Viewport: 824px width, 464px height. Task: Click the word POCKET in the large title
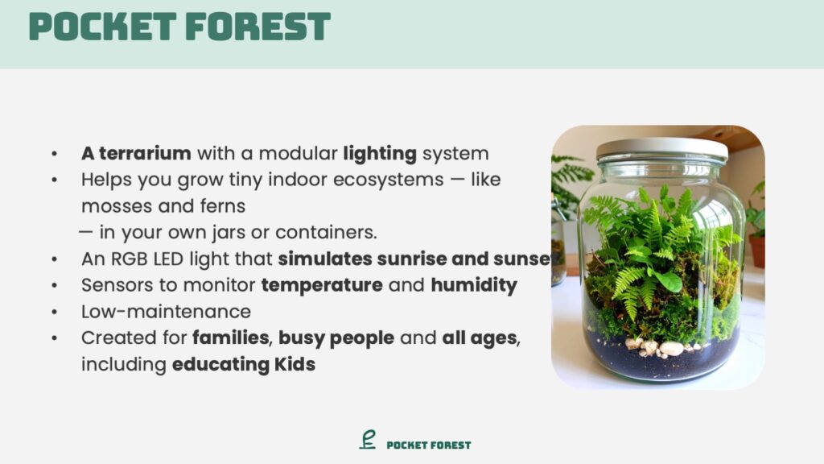point(102,27)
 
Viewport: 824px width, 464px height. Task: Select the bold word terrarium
point(145,154)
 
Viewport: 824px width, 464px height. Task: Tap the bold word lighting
point(380,154)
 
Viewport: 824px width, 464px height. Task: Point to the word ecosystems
point(389,180)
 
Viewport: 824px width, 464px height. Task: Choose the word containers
point(326,233)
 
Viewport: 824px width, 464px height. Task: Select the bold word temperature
point(322,286)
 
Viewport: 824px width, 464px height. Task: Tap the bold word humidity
point(474,286)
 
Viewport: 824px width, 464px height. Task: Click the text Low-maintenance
point(166,312)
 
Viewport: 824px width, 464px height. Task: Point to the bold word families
point(231,338)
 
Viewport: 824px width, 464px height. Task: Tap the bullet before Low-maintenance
point(55,312)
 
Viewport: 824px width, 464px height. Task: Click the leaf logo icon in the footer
point(368,440)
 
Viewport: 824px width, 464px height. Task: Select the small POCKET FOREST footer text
point(429,445)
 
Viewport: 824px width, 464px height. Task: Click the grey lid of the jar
point(662,148)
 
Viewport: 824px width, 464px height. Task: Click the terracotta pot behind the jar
point(757,251)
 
